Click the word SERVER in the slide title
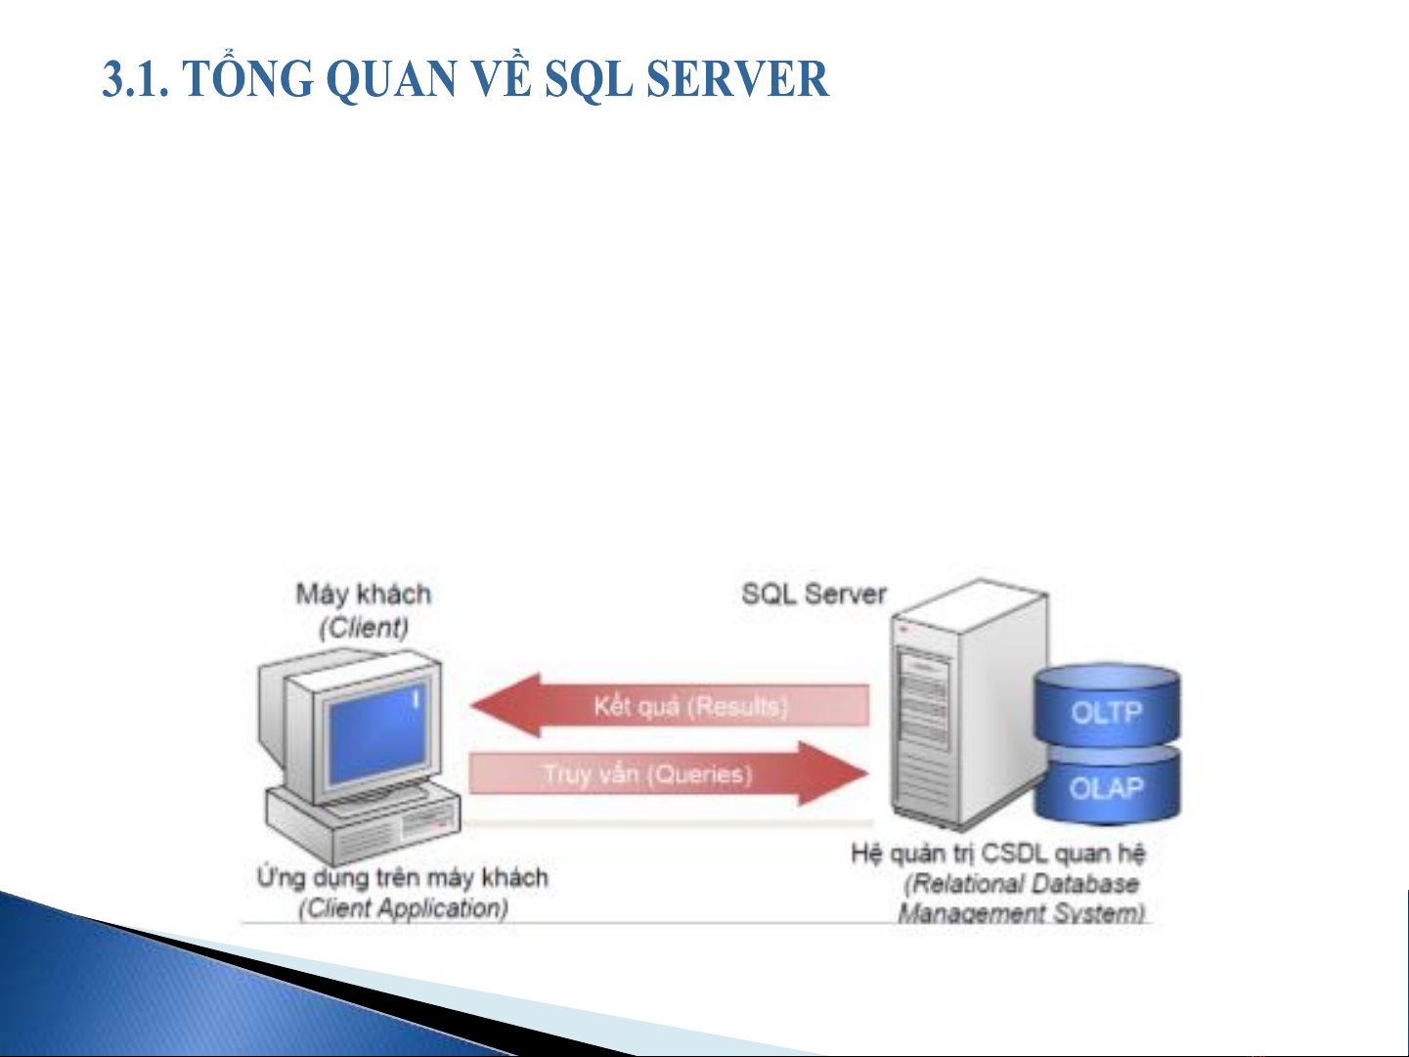click(x=737, y=79)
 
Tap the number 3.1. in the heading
click(x=136, y=79)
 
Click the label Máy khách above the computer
click(x=364, y=594)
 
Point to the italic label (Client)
click(x=364, y=627)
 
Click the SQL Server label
click(x=814, y=594)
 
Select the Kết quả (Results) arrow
click(x=670, y=705)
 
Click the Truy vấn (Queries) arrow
click(x=669, y=773)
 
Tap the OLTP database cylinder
click(x=1107, y=706)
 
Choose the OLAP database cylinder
click(x=1107, y=785)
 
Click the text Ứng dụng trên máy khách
click(x=403, y=877)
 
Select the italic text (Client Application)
click(x=404, y=908)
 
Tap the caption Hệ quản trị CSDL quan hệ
click(x=998, y=854)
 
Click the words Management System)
click(x=1021, y=913)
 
